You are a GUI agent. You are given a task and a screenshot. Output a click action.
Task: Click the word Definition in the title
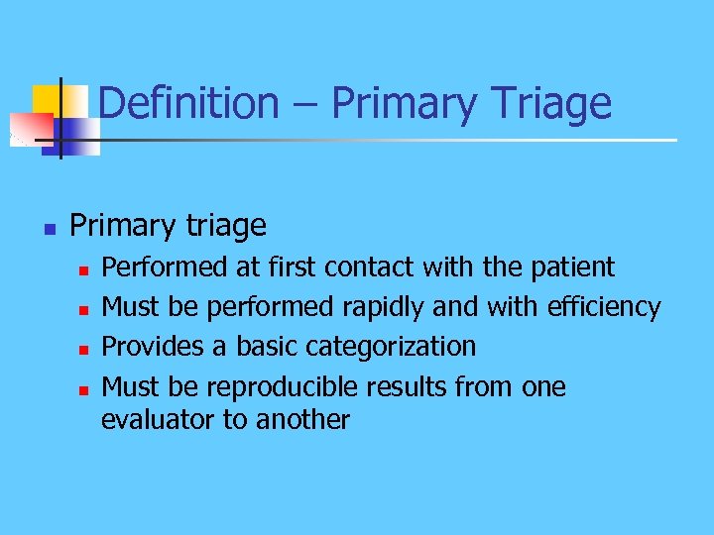click(x=189, y=103)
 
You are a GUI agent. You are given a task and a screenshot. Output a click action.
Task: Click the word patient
click(x=573, y=267)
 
